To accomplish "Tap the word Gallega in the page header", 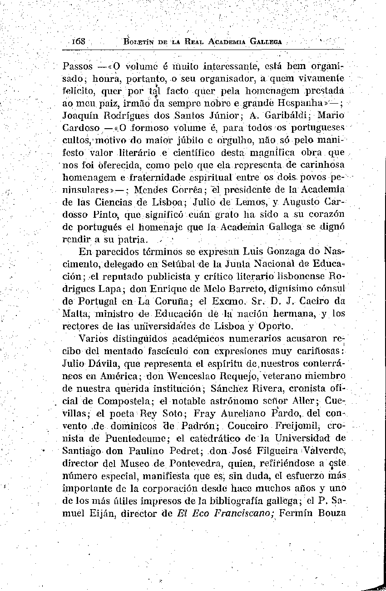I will tap(265, 41).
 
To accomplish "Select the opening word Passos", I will tap(78, 66).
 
